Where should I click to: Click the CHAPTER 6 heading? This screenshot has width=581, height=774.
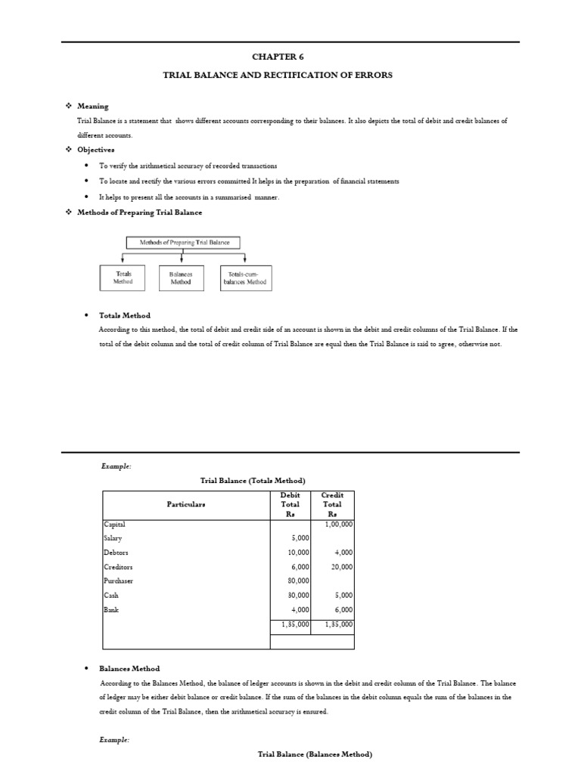pyautogui.click(x=290, y=56)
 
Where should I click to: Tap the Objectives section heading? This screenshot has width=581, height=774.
pyautogui.click(x=96, y=150)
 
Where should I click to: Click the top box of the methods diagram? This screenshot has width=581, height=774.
pyautogui.click(x=183, y=243)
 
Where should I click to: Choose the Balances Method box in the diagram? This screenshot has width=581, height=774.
pyautogui.click(x=182, y=277)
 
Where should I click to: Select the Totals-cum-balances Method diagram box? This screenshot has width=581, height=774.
pyautogui.click(x=244, y=277)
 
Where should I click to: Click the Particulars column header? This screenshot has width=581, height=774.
pyautogui.click(x=186, y=504)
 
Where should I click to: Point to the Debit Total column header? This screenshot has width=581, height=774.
pyautogui.click(x=290, y=504)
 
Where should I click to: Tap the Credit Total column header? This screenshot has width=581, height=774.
pyautogui.click(x=332, y=504)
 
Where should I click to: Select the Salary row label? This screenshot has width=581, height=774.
pyautogui.click(x=113, y=538)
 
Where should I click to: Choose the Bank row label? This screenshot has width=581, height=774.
pyautogui.click(x=111, y=610)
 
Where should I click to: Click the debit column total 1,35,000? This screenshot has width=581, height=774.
pyautogui.click(x=291, y=625)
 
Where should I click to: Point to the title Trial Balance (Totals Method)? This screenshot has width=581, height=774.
pyautogui.click(x=252, y=481)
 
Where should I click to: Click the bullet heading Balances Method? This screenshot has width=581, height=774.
pyautogui.click(x=129, y=668)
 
